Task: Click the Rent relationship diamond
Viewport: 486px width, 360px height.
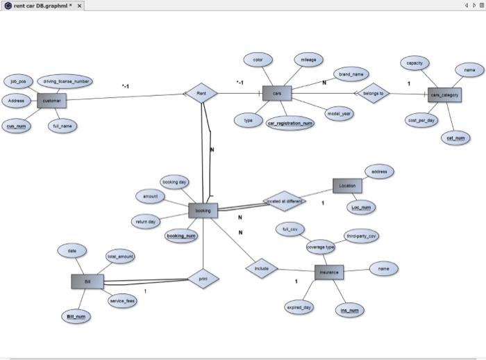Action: [x=201, y=93]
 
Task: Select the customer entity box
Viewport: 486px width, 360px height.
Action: [x=51, y=101]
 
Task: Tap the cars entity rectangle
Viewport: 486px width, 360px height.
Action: [x=277, y=93]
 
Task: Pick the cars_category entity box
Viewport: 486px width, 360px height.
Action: [x=444, y=95]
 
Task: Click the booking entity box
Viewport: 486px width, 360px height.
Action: [x=203, y=210]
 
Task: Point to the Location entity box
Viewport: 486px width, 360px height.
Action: [x=347, y=186]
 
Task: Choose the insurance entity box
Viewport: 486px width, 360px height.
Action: [x=329, y=272]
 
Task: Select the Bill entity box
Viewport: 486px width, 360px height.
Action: [x=87, y=281]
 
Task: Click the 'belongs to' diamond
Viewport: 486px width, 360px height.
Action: [x=373, y=93]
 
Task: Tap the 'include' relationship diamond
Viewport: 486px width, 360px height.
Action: [x=262, y=268]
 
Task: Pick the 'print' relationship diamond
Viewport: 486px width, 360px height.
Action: [x=203, y=279]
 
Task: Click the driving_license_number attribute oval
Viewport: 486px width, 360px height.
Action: [x=67, y=81]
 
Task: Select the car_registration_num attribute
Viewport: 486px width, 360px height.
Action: [x=290, y=123]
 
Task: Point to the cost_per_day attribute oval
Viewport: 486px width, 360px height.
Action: [x=421, y=120]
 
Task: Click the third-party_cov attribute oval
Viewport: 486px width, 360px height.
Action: [x=362, y=236]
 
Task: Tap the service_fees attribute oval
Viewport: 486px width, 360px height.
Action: [x=122, y=301]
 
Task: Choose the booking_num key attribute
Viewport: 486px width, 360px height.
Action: [x=181, y=236]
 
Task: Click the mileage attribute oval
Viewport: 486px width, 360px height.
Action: [x=308, y=60]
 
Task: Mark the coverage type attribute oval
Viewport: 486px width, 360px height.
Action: [x=321, y=247]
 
